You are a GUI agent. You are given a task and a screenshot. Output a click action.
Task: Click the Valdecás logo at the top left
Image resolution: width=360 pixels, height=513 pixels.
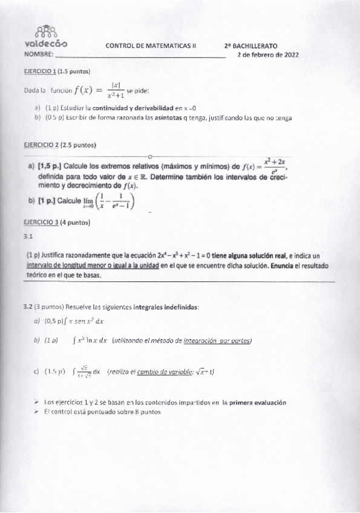click(45, 37)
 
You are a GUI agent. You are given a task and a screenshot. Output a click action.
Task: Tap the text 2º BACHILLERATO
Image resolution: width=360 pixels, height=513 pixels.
click(250, 45)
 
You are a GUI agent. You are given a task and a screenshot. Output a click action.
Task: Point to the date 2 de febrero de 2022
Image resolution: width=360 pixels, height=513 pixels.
click(268, 54)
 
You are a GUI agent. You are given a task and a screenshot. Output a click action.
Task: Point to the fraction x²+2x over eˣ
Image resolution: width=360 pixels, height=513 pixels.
click(272, 166)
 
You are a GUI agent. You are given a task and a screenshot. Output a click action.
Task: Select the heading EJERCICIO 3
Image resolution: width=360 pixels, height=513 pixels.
click(48, 222)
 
